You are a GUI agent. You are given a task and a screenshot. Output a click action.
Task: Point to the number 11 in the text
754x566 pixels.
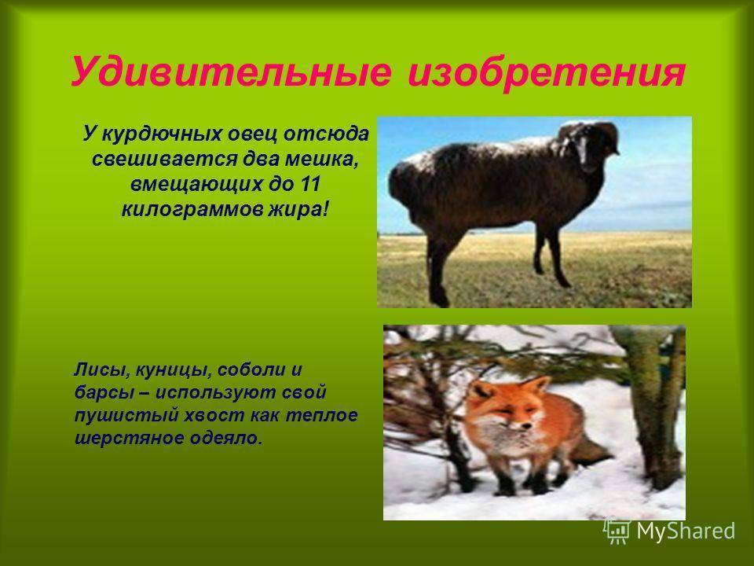[x=309, y=184]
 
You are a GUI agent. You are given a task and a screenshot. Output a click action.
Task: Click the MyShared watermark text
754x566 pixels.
[x=686, y=531]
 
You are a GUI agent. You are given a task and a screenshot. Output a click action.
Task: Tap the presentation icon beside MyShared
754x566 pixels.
[x=617, y=531]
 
